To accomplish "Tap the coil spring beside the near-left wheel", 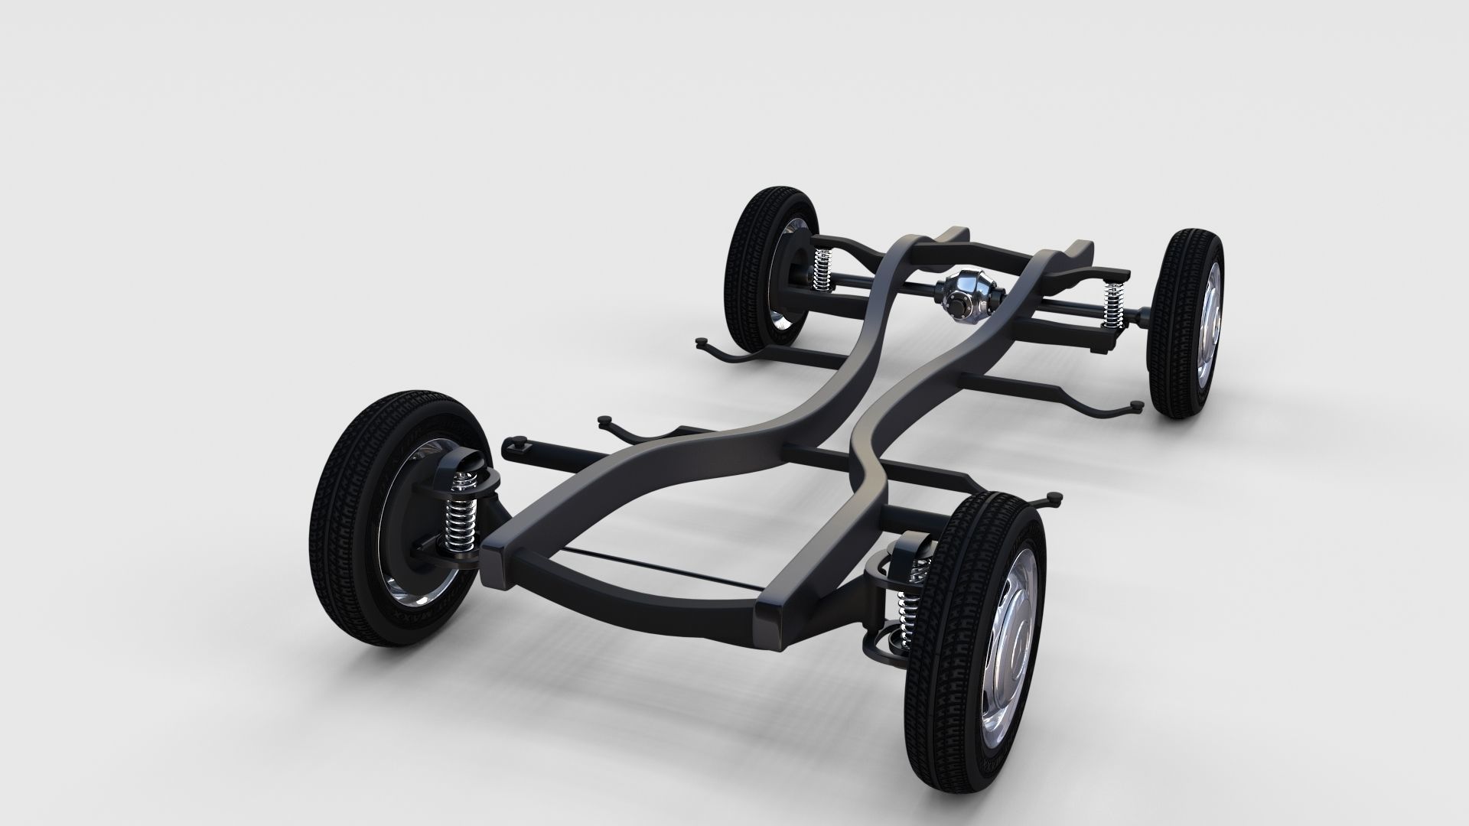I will pyautogui.click(x=462, y=509).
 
